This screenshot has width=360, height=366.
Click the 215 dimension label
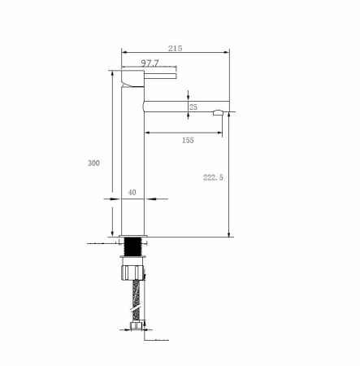(176, 48)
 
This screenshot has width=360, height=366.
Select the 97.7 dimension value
(150, 63)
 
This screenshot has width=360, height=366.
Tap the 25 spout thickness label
(193, 107)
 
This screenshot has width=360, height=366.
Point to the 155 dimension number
(188, 140)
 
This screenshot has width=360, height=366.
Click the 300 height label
(93, 163)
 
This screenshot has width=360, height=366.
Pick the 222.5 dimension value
(213, 177)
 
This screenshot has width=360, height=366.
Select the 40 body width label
(132, 192)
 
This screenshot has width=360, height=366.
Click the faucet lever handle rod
(160, 76)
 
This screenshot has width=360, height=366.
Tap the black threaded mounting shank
(132, 246)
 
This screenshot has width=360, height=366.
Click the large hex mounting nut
(132, 272)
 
